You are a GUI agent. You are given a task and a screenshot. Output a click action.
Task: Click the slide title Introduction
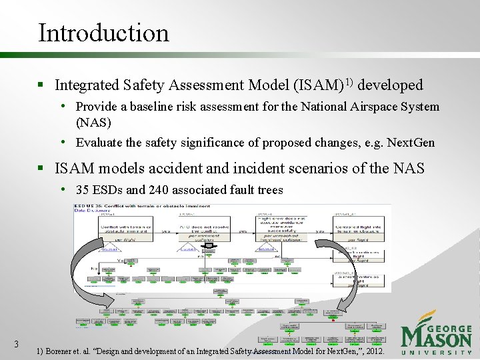104,33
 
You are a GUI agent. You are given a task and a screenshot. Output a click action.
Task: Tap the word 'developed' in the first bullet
391,85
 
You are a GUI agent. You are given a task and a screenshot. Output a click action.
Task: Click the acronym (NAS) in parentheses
93,123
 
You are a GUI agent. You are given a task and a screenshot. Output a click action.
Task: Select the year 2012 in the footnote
373,350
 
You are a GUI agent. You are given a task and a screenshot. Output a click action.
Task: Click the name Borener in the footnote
62,350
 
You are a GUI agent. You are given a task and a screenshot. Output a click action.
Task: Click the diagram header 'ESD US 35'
93,207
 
